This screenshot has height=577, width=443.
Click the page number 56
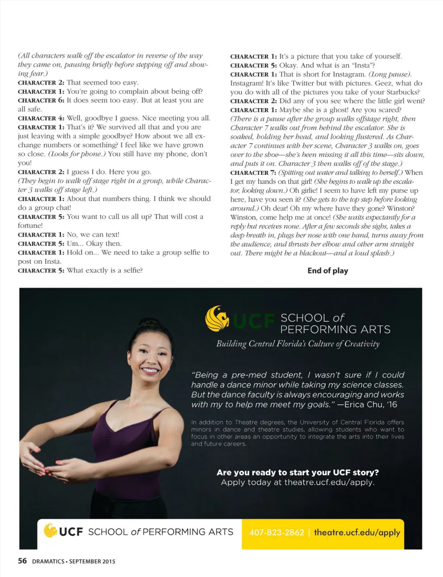(22, 561)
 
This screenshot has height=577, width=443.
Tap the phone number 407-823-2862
(277, 532)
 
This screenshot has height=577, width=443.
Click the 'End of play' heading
(327, 271)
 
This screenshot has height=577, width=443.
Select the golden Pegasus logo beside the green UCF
(217, 318)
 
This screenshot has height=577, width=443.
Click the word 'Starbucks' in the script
(403, 92)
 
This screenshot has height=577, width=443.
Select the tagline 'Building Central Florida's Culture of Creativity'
(298, 344)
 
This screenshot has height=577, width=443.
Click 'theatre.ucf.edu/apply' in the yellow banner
(357, 532)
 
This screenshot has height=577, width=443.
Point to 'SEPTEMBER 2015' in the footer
(92, 561)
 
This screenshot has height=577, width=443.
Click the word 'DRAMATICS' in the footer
(48, 561)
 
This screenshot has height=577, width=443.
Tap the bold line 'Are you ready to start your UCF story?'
(298, 472)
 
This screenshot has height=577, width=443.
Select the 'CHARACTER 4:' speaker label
(41, 118)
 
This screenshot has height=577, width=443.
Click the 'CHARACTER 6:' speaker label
(41, 100)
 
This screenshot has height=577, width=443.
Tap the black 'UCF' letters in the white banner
(71, 532)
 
